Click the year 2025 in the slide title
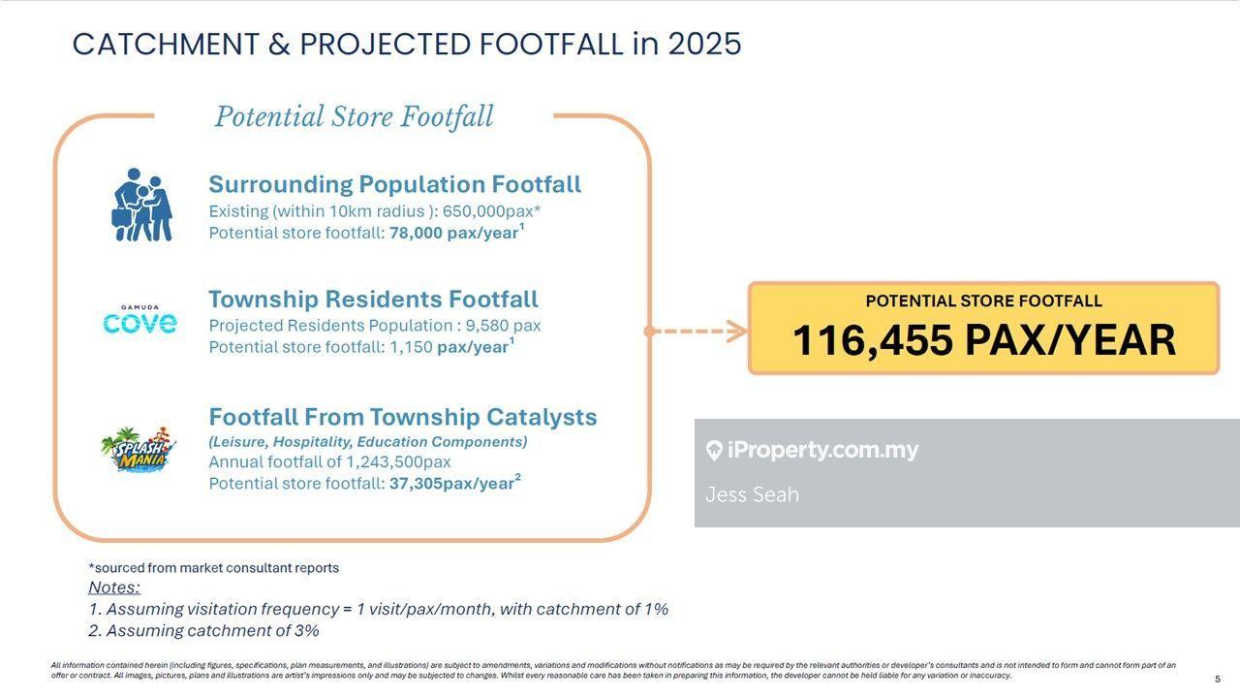click(704, 44)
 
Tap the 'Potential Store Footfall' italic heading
click(354, 117)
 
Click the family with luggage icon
click(141, 206)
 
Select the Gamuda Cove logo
click(140, 320)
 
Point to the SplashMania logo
click(139, 449)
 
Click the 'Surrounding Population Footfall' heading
click(394, 184)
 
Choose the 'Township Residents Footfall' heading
click(373, 300)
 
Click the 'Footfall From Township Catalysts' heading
click(402, 417)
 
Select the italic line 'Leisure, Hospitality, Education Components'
click(368, 441)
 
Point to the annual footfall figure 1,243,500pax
click(398, 462)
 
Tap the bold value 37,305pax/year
click(451, 484)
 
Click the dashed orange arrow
click(697, 332)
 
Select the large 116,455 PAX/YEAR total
click(983, 340)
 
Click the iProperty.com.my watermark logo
click(812, 450)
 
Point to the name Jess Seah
click(752, 494)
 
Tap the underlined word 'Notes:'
click(114, 587)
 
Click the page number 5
click(1218, 679)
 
